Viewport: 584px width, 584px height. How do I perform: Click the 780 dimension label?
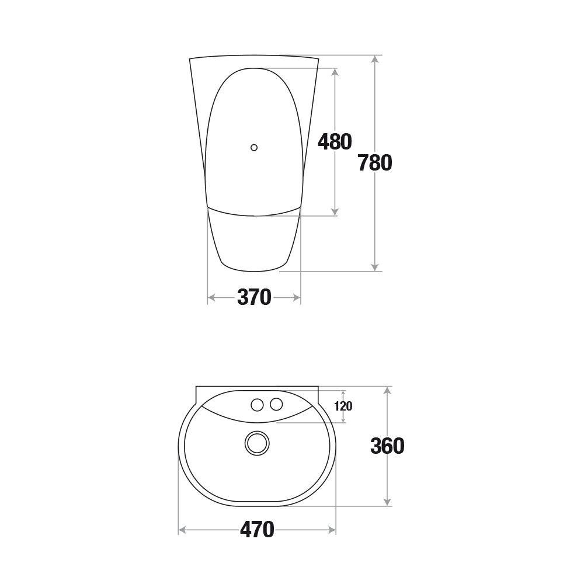[375, 163]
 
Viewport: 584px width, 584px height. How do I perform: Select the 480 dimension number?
[335, 142]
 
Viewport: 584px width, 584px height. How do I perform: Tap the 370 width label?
[254, 297]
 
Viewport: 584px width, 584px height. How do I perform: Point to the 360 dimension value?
[387, 446]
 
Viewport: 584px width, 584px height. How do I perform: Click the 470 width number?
[257, 530]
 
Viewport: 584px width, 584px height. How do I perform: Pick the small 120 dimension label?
[343, 406]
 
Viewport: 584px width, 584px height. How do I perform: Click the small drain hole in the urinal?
[254, 148]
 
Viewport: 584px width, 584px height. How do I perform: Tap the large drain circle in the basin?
[257, 443]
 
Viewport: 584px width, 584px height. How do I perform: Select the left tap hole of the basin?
[257, 405]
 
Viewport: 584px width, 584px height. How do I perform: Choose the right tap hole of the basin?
[276, 404]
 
